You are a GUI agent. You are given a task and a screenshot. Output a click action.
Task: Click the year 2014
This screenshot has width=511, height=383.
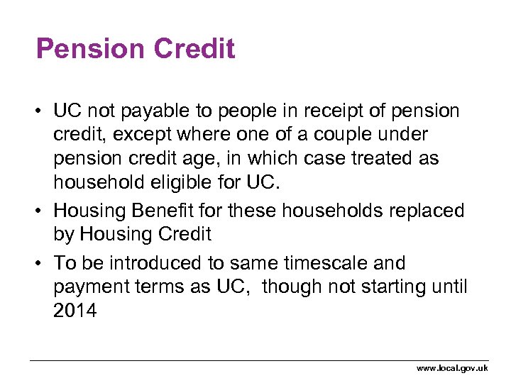[75, 311]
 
